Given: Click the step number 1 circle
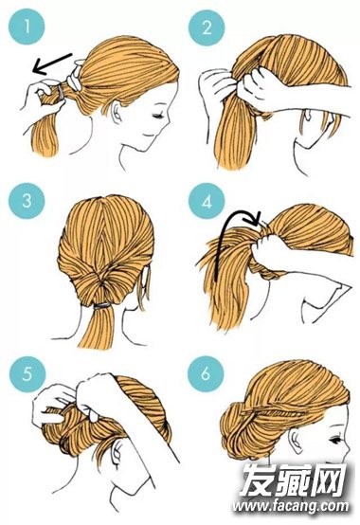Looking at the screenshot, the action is (x=27, y=27).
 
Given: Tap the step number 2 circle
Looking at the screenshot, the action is (x=207, y=27).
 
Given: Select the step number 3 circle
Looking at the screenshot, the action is (x=27, y=201).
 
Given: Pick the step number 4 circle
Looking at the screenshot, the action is (x=207, y=201).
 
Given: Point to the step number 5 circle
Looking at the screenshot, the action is (x=27, y=373).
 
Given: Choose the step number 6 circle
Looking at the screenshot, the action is (x=206, y=373).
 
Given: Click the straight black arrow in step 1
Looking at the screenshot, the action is (x=52, y=63).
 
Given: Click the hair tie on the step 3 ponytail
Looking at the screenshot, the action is (x=102, y=305).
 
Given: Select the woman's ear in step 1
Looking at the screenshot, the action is (x=117, y=112).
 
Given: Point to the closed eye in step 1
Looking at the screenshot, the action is (x=157, y=116).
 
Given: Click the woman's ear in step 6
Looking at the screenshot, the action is (x=297, y=440).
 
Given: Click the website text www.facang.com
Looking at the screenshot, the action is (x=290, y=506).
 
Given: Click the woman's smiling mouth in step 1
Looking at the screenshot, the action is (x=148, y=135).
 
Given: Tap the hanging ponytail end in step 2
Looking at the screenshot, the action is (x=232, y=133).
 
